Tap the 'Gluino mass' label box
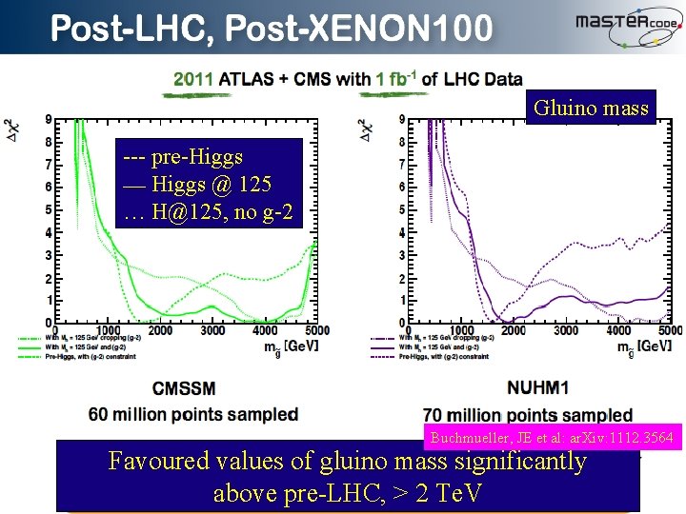591,109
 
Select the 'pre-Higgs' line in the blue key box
184,156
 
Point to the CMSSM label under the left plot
183,388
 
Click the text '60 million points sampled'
192,414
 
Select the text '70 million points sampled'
528,415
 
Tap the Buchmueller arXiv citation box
553,438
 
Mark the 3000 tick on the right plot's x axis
566,331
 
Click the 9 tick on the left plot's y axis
49,120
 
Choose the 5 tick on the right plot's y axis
403,209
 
